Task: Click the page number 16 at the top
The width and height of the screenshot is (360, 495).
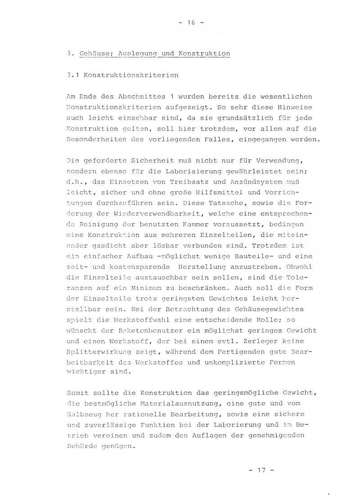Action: coord(191,23)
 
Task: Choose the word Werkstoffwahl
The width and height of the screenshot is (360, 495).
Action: coord(139,320)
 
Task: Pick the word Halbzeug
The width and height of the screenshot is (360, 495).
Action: coord(84,414)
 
